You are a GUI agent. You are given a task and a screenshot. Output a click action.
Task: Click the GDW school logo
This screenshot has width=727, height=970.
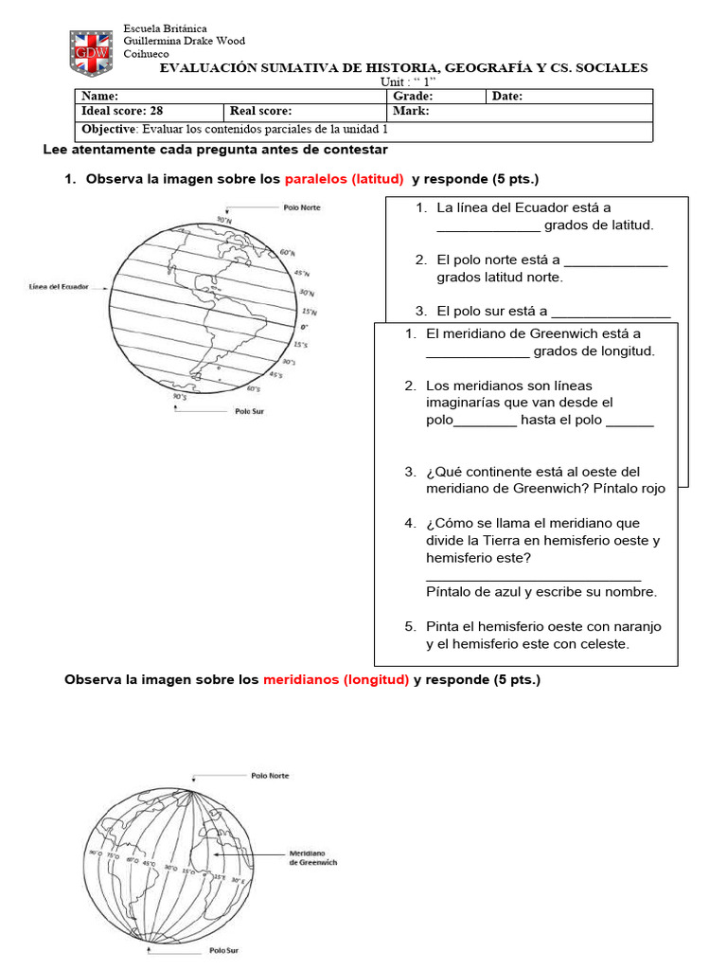click(x=92, y=52)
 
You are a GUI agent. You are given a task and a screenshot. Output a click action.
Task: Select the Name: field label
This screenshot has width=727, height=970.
click(x=100, y=97)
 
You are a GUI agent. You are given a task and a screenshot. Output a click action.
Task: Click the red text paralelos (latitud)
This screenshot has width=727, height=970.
click(x=345, y=179)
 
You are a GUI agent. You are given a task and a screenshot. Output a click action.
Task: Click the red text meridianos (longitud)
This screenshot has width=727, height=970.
click(x=336, y=680)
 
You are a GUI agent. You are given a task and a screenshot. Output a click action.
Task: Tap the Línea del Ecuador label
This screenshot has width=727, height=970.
click(x=60, y=287)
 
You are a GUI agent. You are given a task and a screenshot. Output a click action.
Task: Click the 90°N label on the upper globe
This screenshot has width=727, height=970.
click(x=224, y=220)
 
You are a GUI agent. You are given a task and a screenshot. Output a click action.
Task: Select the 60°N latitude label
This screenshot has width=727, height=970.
click(x=288, y=253)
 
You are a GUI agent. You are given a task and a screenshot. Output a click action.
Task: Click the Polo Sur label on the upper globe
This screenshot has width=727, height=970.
click(x=249, y=411)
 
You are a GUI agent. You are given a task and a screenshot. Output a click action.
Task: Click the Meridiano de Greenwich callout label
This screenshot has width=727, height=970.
click(x=312, y=857)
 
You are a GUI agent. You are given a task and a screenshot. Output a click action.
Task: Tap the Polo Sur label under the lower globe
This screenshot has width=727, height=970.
click(x=225, y=949)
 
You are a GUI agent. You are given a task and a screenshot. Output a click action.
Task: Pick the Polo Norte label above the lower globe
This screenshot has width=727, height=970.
click(x=270, y=776)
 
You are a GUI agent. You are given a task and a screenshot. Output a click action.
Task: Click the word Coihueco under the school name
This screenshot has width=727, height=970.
click(x=146, y=54)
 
